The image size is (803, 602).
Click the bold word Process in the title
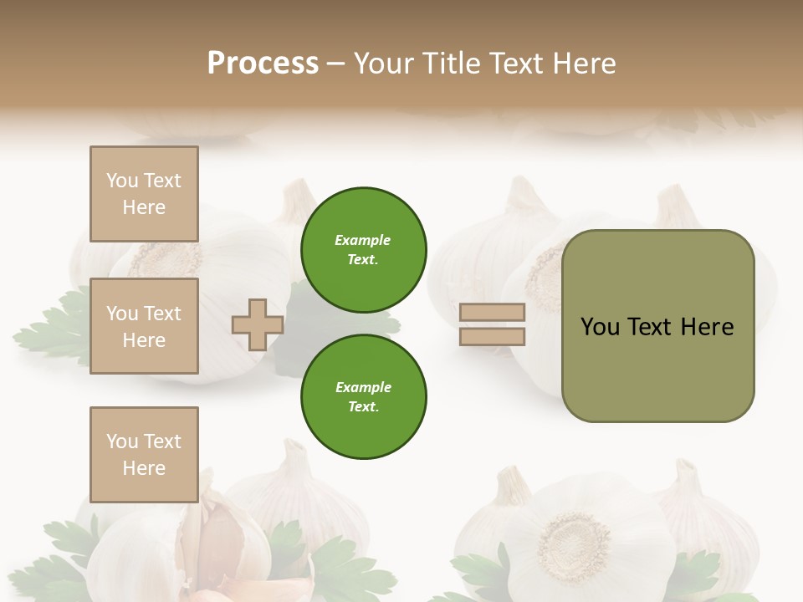point(263,64)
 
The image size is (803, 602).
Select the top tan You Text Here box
point(144,194)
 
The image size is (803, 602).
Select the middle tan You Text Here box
point(144,326)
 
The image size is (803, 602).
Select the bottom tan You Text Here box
point(144,455)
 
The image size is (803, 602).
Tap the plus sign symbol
point(258,324)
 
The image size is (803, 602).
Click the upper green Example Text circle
point(364,250)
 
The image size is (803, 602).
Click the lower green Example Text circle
point(364,397)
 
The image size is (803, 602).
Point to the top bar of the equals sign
point(493,313)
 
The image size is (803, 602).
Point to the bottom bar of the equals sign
point(493,337)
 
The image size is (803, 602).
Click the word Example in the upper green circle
point(363,240)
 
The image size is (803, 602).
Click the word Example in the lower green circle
point(363,387)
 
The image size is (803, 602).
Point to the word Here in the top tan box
point(144,207)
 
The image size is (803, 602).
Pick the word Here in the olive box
point(708,327)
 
